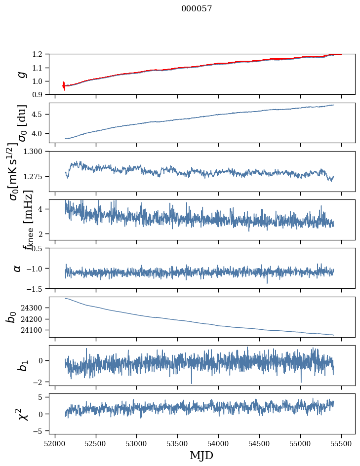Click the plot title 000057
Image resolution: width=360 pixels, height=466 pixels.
[197, 9]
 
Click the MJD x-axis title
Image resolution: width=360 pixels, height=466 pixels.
[201, 455]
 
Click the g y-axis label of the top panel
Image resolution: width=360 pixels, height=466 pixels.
[21, 74]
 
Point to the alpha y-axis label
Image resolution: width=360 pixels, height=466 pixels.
[18, 268]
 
